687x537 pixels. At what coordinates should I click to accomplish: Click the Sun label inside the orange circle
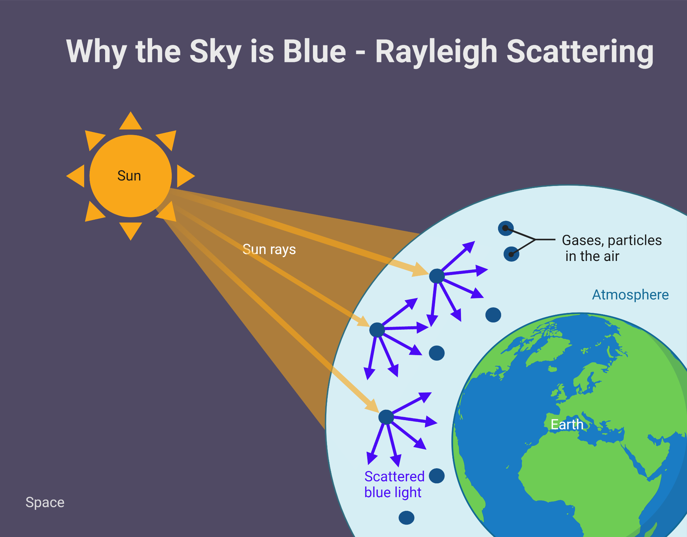coord(129,176)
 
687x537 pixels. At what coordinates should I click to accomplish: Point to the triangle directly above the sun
coord(131,121)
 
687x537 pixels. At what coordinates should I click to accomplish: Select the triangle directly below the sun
coord(131,231)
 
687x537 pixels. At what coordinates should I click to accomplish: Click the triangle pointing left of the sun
coord(76,176)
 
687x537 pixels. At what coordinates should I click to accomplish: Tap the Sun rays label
coord(269,250)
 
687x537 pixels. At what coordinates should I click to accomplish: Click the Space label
coord(45,503)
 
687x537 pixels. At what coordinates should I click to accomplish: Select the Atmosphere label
coord(630,295)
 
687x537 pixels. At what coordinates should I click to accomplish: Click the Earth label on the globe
coord(567,425)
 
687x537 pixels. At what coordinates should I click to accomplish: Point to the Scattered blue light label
coord(394,484)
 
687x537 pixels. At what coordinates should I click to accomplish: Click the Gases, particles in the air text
coord(612,248)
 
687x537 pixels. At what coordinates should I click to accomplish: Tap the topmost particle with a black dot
coord(506,228)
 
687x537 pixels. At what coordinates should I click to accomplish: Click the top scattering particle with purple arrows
coord(437,276)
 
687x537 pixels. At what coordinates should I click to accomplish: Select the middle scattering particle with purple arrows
coord(377,330)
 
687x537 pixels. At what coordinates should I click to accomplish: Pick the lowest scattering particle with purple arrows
coord(386,417)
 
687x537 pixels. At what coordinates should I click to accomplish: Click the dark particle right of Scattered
coord(437,476)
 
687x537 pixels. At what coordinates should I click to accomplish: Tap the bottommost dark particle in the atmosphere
coord(406,518)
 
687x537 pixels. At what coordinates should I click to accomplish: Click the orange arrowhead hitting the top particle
coord(421,270)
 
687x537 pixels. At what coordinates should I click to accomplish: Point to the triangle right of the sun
coord(185,176)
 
